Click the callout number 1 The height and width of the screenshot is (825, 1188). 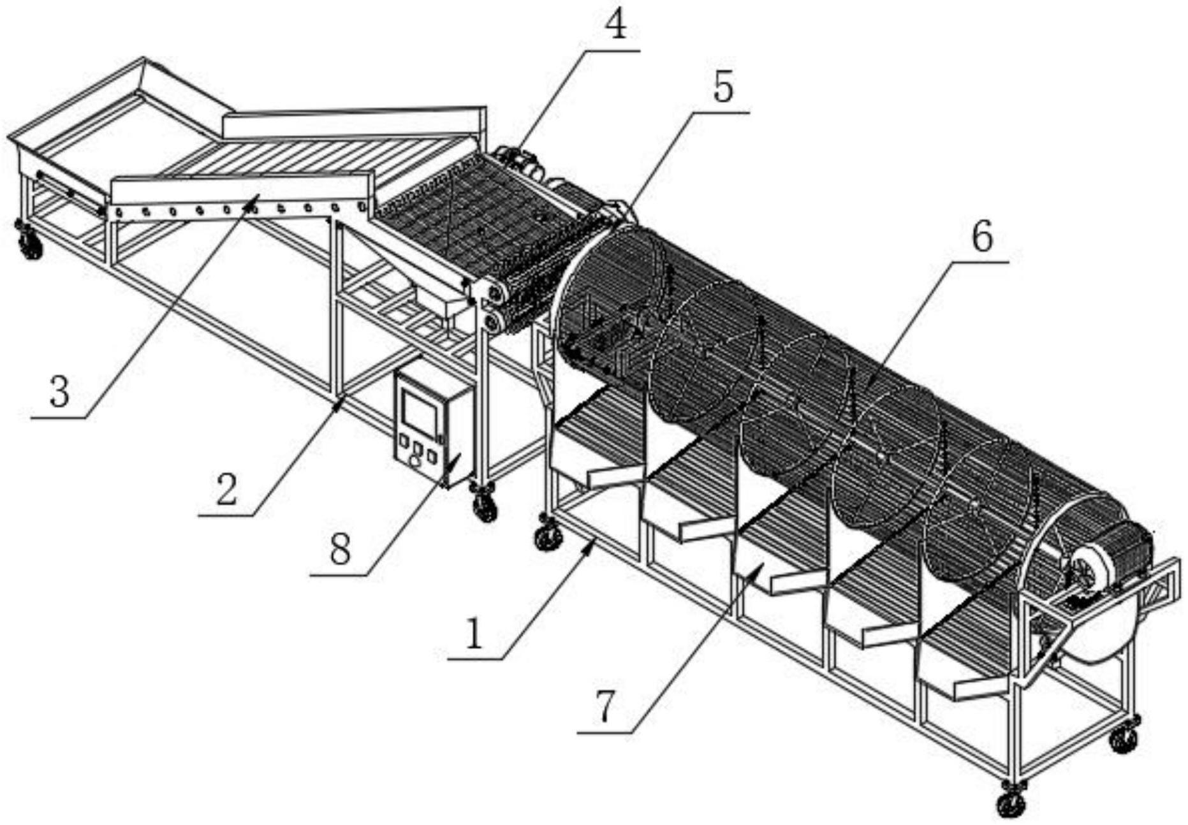[x=473, y=634]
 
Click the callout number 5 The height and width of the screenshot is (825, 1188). [x=723, y=87]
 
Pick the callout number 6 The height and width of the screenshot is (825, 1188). [x=982, y=237]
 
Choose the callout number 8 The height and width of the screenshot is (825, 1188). [x=340, y=549]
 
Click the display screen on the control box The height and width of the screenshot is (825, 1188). [x=418, y=409]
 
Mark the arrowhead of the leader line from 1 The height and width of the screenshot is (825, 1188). [x=592, y=543]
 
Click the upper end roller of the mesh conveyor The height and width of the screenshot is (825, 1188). [x=494, y=293]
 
